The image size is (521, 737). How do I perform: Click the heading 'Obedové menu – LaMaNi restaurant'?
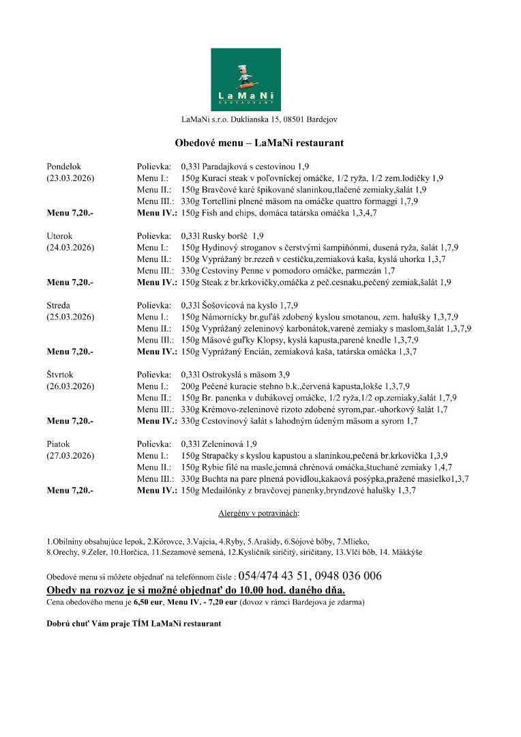[258, 143]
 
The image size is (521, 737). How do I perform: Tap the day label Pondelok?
[63, 166]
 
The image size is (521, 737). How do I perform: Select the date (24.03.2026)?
[70, 247]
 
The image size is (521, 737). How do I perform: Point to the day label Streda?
[59, 305]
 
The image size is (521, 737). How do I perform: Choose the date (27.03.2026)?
[70, 456]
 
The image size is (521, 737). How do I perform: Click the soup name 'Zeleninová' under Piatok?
[222, 444]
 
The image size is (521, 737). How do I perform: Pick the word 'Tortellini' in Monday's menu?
[217, 201]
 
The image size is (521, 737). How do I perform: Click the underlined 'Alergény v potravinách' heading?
[258, 512]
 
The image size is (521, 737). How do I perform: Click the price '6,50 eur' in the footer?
[148, 602]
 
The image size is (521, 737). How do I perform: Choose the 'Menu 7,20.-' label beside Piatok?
[70, 490]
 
